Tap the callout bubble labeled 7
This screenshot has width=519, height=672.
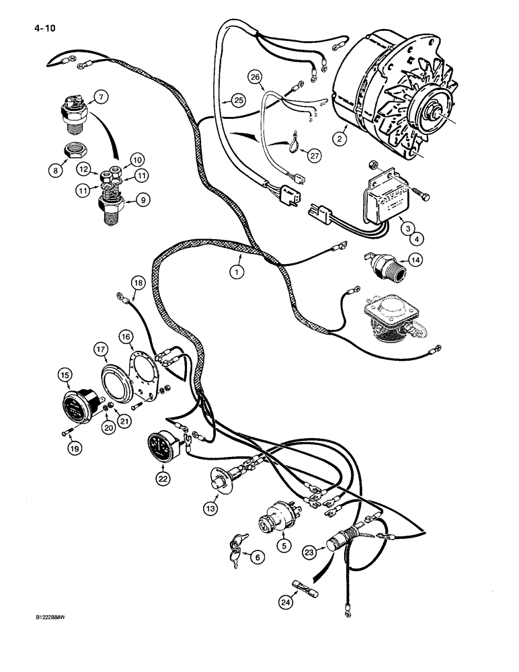pos(99,97)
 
